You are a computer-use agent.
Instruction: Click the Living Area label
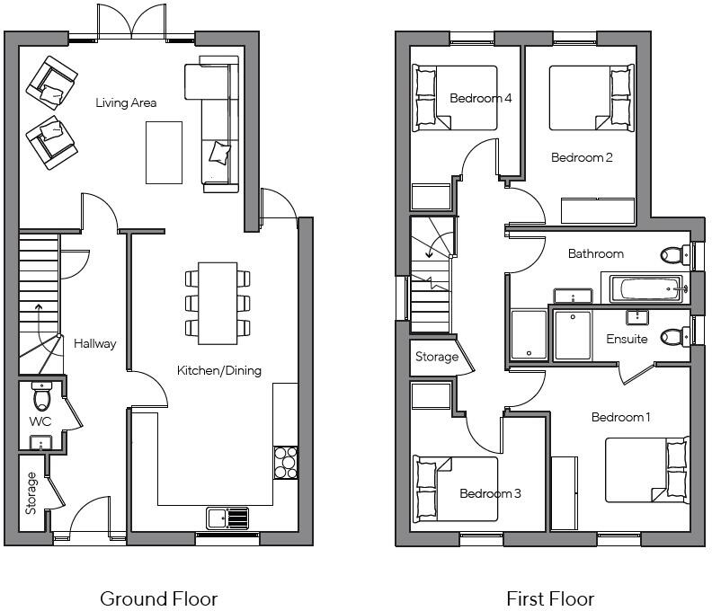pyautogui.click(x=126, y=103)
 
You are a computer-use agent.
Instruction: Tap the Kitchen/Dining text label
pyautogui.click(x=218, y=370)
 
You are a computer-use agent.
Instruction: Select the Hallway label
pyautogui.click(x=95, y=343)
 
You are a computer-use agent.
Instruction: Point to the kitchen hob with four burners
pyautogui.click(x=286, y=463)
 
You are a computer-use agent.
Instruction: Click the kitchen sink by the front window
pyautogui.click(x=227, y=518)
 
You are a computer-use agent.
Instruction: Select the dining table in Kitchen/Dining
pyautogui.click(x=217, y=302)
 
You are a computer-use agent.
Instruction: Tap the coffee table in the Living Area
pyautogui.click(x=164, y=152)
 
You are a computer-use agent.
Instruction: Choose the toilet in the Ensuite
pyautogui.click(x=672, y=337)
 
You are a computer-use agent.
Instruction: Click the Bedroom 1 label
pyautogui.click(x=620, y=417)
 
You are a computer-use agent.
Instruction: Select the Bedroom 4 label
pyautogui.click(x=481, y=98)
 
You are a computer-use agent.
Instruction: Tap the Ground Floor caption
pyautogui.click(x=158, y=598)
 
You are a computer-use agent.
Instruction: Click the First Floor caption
pyautogui.click(x=550, y=598)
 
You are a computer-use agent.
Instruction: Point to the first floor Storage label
pyautogui.click(x=436, y=357)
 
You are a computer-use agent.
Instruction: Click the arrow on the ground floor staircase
pyautogui.click(x=38, y=310)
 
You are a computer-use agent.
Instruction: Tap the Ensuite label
pyautogui.click(x=627, y=339)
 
